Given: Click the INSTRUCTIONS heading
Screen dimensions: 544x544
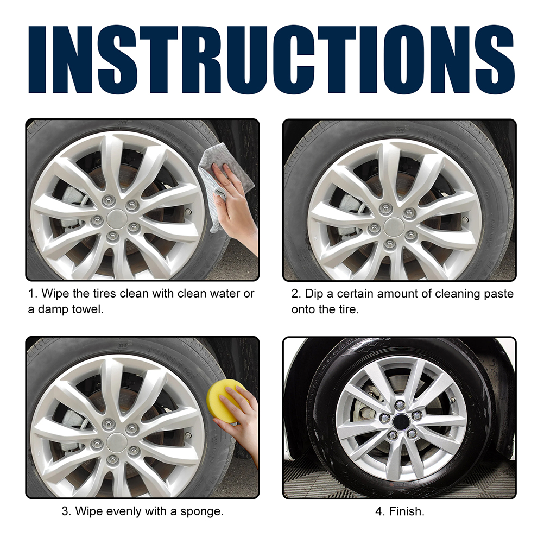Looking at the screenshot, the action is tap(271, 59).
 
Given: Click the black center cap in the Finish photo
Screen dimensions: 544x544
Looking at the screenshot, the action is tap(401, 421).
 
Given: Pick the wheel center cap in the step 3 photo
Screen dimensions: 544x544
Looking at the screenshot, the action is tap(116, 441).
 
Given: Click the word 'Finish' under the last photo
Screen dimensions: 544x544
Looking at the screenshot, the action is tap(407, 511).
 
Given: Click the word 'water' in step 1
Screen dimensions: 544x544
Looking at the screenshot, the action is tap(223, 294).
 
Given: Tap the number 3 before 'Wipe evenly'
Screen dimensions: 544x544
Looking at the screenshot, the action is tap(66, 511).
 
